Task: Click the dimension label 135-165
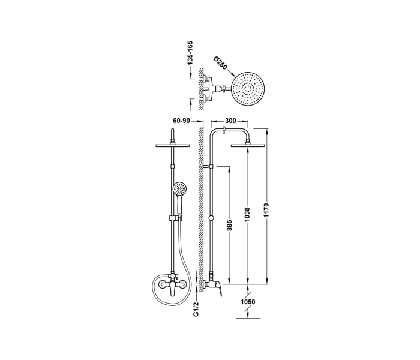coord(190,53)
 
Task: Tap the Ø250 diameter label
coord(220,62)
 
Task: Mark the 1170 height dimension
coord(268,209)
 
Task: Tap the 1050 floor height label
coord(248,302)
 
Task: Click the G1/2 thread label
coord(196,309)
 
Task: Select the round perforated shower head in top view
coord(248,90)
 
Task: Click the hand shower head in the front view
coord(179,189)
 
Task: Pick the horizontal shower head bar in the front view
coord(172,145)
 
